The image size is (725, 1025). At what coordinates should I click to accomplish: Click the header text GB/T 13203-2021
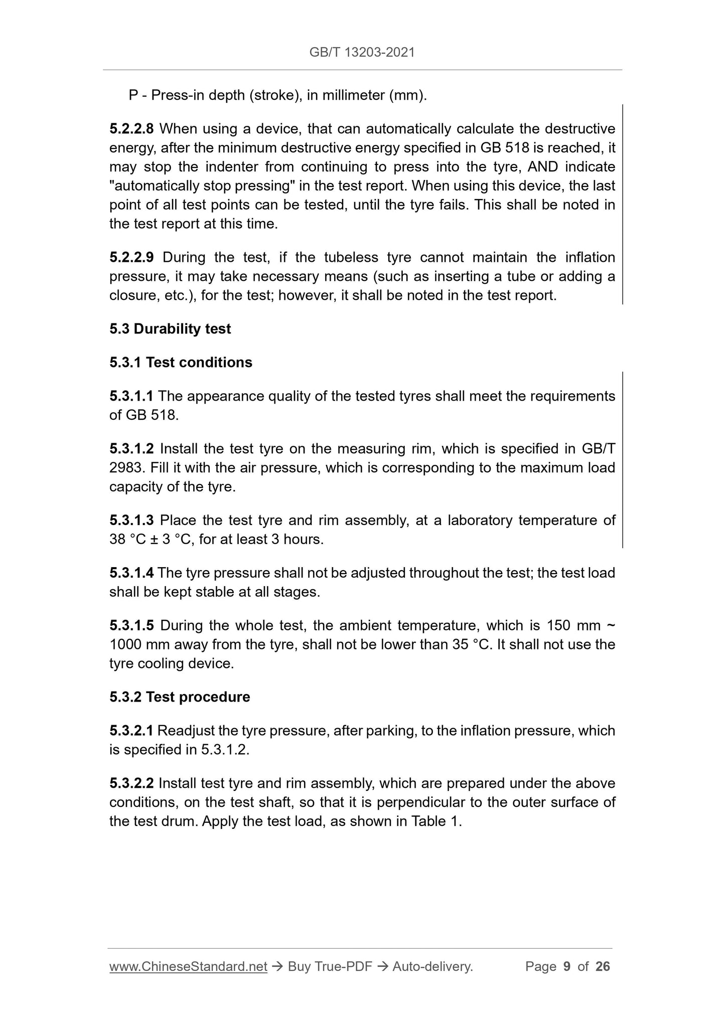(362, 52)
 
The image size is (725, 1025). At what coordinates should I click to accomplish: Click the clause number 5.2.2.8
(131, 129)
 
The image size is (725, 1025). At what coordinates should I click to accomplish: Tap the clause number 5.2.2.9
(131, 257)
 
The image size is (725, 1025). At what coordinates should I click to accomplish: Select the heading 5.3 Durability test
(170, 329)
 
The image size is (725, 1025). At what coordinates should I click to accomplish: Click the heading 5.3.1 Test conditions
(181, 363)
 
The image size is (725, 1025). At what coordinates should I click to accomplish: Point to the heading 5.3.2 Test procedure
(180, 697)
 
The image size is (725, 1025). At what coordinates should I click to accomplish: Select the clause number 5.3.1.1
(131, 396)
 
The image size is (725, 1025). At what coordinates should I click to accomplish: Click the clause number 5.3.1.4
(131, 573)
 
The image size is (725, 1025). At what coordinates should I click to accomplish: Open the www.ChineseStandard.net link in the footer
(188, 966)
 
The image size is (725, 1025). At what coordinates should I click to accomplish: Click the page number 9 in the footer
(567, 966)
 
